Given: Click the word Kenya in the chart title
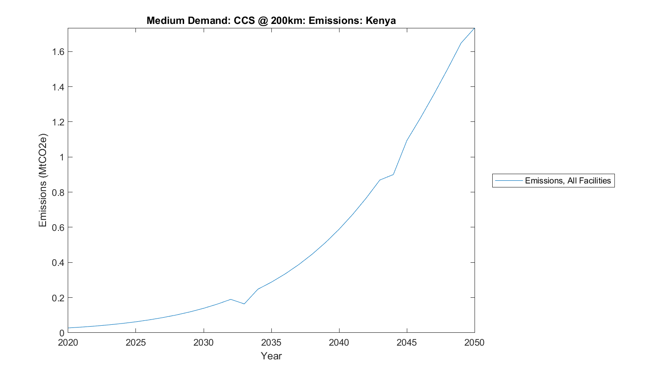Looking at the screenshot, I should (x=381, y=20).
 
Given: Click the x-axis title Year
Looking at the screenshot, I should (x=271, y=356).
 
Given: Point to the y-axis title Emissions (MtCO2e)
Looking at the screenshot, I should (x=42, y=180).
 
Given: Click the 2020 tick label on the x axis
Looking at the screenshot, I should (x=68, y=343).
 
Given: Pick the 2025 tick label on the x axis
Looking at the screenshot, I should (x=135, y=343).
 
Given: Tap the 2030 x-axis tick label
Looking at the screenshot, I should (x=203, y=343).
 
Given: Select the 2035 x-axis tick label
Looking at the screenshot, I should (x=271, y=343).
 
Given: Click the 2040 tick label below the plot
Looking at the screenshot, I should (x=339, y=343).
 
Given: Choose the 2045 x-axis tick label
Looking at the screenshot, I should (x=406, y=343).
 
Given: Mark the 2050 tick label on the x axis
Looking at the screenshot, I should (x=474, y=343).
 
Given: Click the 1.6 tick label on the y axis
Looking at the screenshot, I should (x=58, y=52).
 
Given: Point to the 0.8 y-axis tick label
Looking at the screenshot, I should (x=58, y=192).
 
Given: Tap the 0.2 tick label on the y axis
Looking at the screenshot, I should (x=58, y=298).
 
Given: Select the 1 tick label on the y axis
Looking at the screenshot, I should (x=62, y=157).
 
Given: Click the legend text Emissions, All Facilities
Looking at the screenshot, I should (x=567, y=181).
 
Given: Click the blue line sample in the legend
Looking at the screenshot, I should (x=509, y=181).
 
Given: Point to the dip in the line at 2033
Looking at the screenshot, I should (x=244, y=304).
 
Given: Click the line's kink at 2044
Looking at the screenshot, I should (x=393, y=175).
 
